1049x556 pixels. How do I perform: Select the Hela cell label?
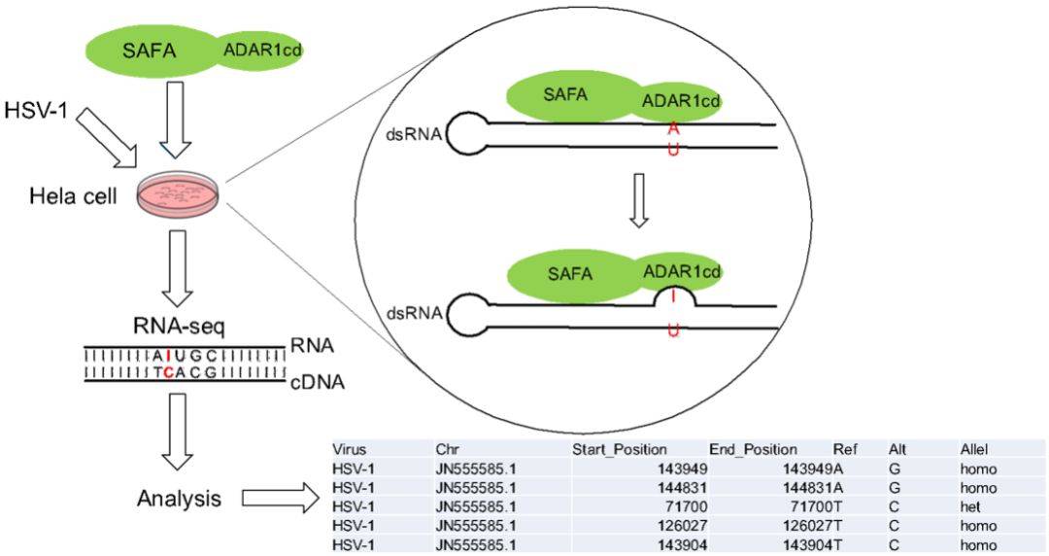point(73,197)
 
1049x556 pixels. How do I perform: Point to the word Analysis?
point(179,500)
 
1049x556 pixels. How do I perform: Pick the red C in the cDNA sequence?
point(169,371)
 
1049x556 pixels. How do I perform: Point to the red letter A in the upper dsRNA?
point(673,127)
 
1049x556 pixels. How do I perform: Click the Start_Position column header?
point(619,450)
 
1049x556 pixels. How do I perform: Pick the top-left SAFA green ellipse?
point(153,49)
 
